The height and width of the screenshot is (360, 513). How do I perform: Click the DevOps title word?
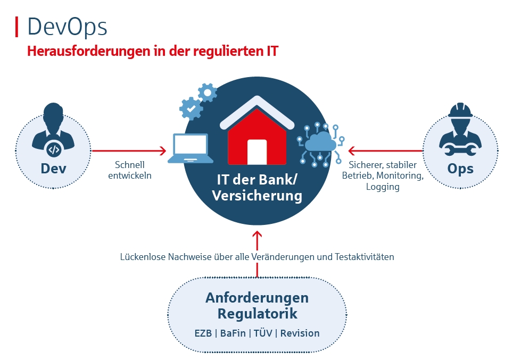67,27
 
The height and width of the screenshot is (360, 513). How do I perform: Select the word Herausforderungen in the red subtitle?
88,51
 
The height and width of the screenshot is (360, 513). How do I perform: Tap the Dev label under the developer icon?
53,169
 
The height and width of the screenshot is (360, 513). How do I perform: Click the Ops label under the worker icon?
460,169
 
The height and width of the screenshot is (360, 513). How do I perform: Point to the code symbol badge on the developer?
54,150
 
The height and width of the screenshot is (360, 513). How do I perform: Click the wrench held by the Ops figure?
460,150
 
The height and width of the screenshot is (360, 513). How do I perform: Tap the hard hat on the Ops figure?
460,110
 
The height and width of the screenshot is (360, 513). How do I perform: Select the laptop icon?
191,148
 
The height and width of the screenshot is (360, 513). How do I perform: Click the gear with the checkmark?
191,108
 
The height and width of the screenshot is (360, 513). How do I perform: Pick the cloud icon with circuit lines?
320,144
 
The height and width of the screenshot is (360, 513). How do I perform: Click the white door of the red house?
257,152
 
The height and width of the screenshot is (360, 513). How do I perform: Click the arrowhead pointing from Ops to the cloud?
352,150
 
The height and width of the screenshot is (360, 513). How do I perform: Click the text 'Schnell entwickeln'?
130,170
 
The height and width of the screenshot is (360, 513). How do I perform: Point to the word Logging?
383,187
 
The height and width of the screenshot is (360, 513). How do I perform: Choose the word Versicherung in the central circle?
257,196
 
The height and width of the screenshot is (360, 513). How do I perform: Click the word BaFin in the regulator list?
233,333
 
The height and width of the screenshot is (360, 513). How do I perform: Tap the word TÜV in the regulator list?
263,333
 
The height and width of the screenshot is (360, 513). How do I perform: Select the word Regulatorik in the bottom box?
258,314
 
